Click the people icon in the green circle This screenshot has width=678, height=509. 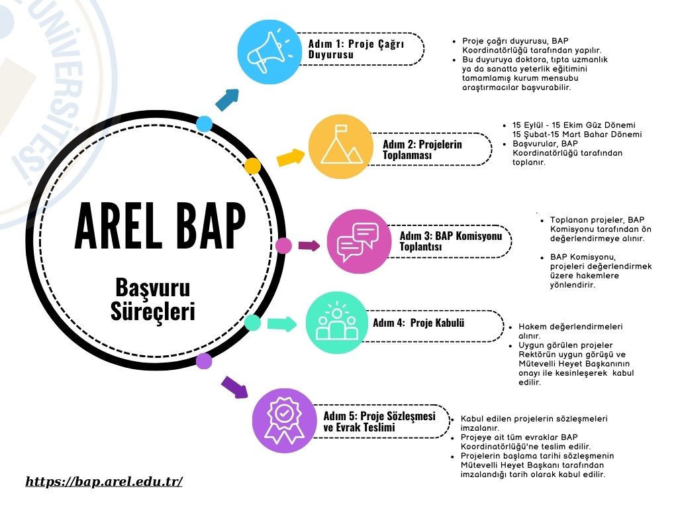[x=337, y=321]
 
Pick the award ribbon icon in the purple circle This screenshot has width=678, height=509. [x=283, y=420]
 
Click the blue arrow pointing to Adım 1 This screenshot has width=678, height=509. [x=228, y=99]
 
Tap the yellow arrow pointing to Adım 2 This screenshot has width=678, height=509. [x=291, y=158]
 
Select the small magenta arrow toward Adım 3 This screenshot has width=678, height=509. [x=309, y=246]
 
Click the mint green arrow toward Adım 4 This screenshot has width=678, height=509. [x=282, y=323]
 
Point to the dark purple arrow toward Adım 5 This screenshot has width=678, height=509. [x=235, y=386]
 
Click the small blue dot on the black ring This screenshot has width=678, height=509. [x=204, y=124]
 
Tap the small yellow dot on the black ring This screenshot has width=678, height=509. [x=252, y=166]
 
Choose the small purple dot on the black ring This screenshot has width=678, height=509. [x=204, y=361]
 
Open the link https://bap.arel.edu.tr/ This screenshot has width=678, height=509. [x=104, y=481]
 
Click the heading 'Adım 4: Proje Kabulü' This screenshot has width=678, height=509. [x=418, y=323]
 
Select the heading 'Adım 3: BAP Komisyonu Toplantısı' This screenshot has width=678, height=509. [x=450, y=241]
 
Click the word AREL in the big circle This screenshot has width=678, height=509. [x=121, y=225]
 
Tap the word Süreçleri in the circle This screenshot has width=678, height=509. [x=153, y=311]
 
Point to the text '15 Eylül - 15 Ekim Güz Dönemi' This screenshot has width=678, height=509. [x=574, y=125]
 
